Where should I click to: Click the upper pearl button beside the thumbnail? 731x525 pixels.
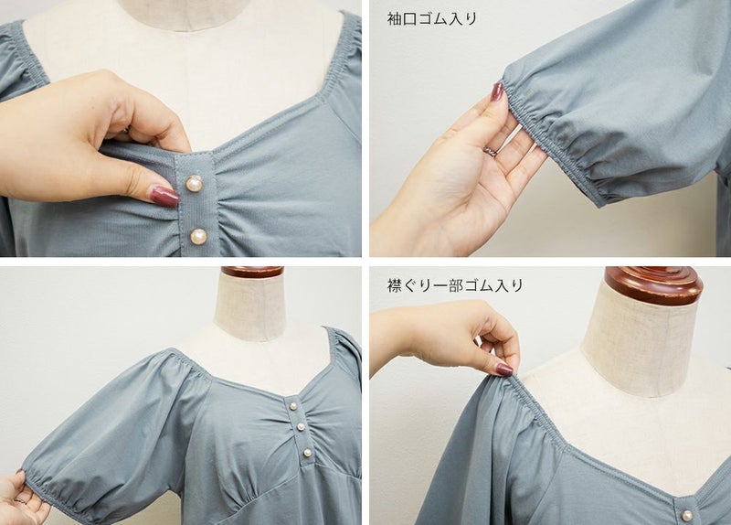click(x=194, y=184)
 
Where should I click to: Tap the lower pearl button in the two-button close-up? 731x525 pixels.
click(x=198, y=236)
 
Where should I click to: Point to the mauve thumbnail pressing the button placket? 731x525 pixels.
click(x=164, y=195)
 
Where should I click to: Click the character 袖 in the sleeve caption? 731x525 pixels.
click(x=395, y=18)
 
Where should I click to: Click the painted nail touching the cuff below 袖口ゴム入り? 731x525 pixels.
click(x=497, y=92)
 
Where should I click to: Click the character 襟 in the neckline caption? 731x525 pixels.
click(x=395, y=284)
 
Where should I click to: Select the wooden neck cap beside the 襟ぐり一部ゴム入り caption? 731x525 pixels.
click(x=653, y=285)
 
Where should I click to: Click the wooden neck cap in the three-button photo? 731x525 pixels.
click(x=252, y=272)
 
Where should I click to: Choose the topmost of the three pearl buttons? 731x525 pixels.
click(x=292, y=406)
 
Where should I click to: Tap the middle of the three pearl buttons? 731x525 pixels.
click(x=301, y=426)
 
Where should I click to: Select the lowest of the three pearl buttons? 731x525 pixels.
click(x=307, y=452)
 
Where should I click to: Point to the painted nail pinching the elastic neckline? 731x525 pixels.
click(x=504, y=370)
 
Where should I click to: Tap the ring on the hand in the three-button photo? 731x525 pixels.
click(x=19, y=500)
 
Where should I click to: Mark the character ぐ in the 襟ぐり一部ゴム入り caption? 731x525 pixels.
click(x=410, y=284)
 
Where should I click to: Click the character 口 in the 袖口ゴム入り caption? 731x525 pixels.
click(x=410, y=18)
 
